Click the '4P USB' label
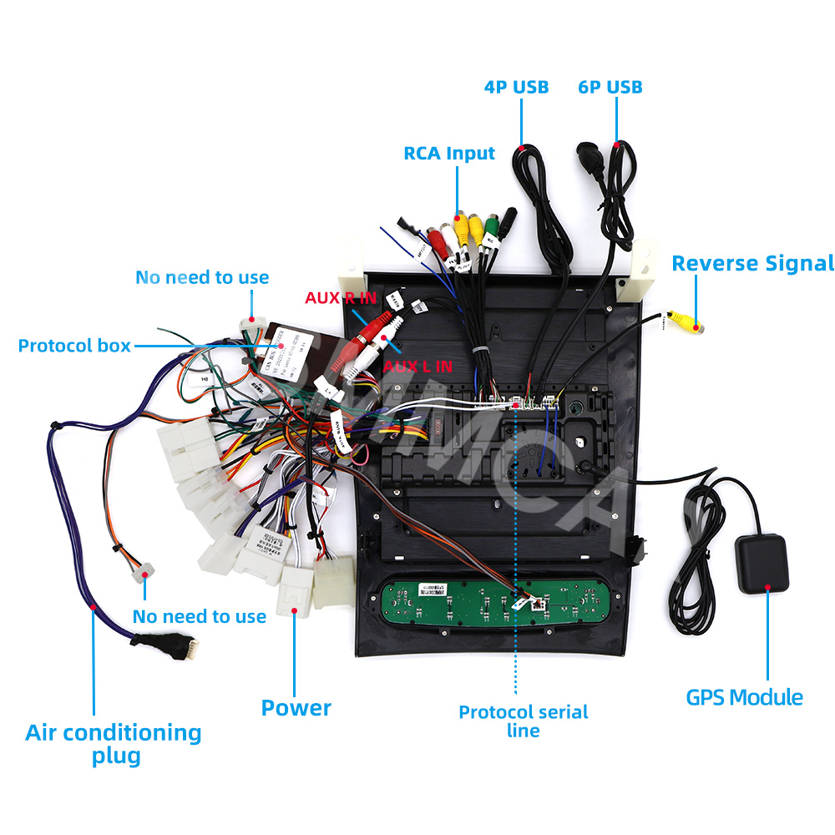coord(516,87)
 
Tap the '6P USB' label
coord(610,87)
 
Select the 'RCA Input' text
coord(449,154)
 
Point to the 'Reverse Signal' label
coord(752,264)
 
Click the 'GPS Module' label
coord(745,698)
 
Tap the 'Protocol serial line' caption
coord(524,721)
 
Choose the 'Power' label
coord(296,708)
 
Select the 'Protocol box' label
coord(74,346)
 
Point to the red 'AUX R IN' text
coord(340,298)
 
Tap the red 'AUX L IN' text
coord(417,366)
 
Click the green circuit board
coord(493,601)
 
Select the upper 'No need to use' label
coord(202,277)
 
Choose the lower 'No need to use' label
coord(200,617)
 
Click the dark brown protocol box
coord(288,351)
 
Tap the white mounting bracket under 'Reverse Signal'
coord(637,274)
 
